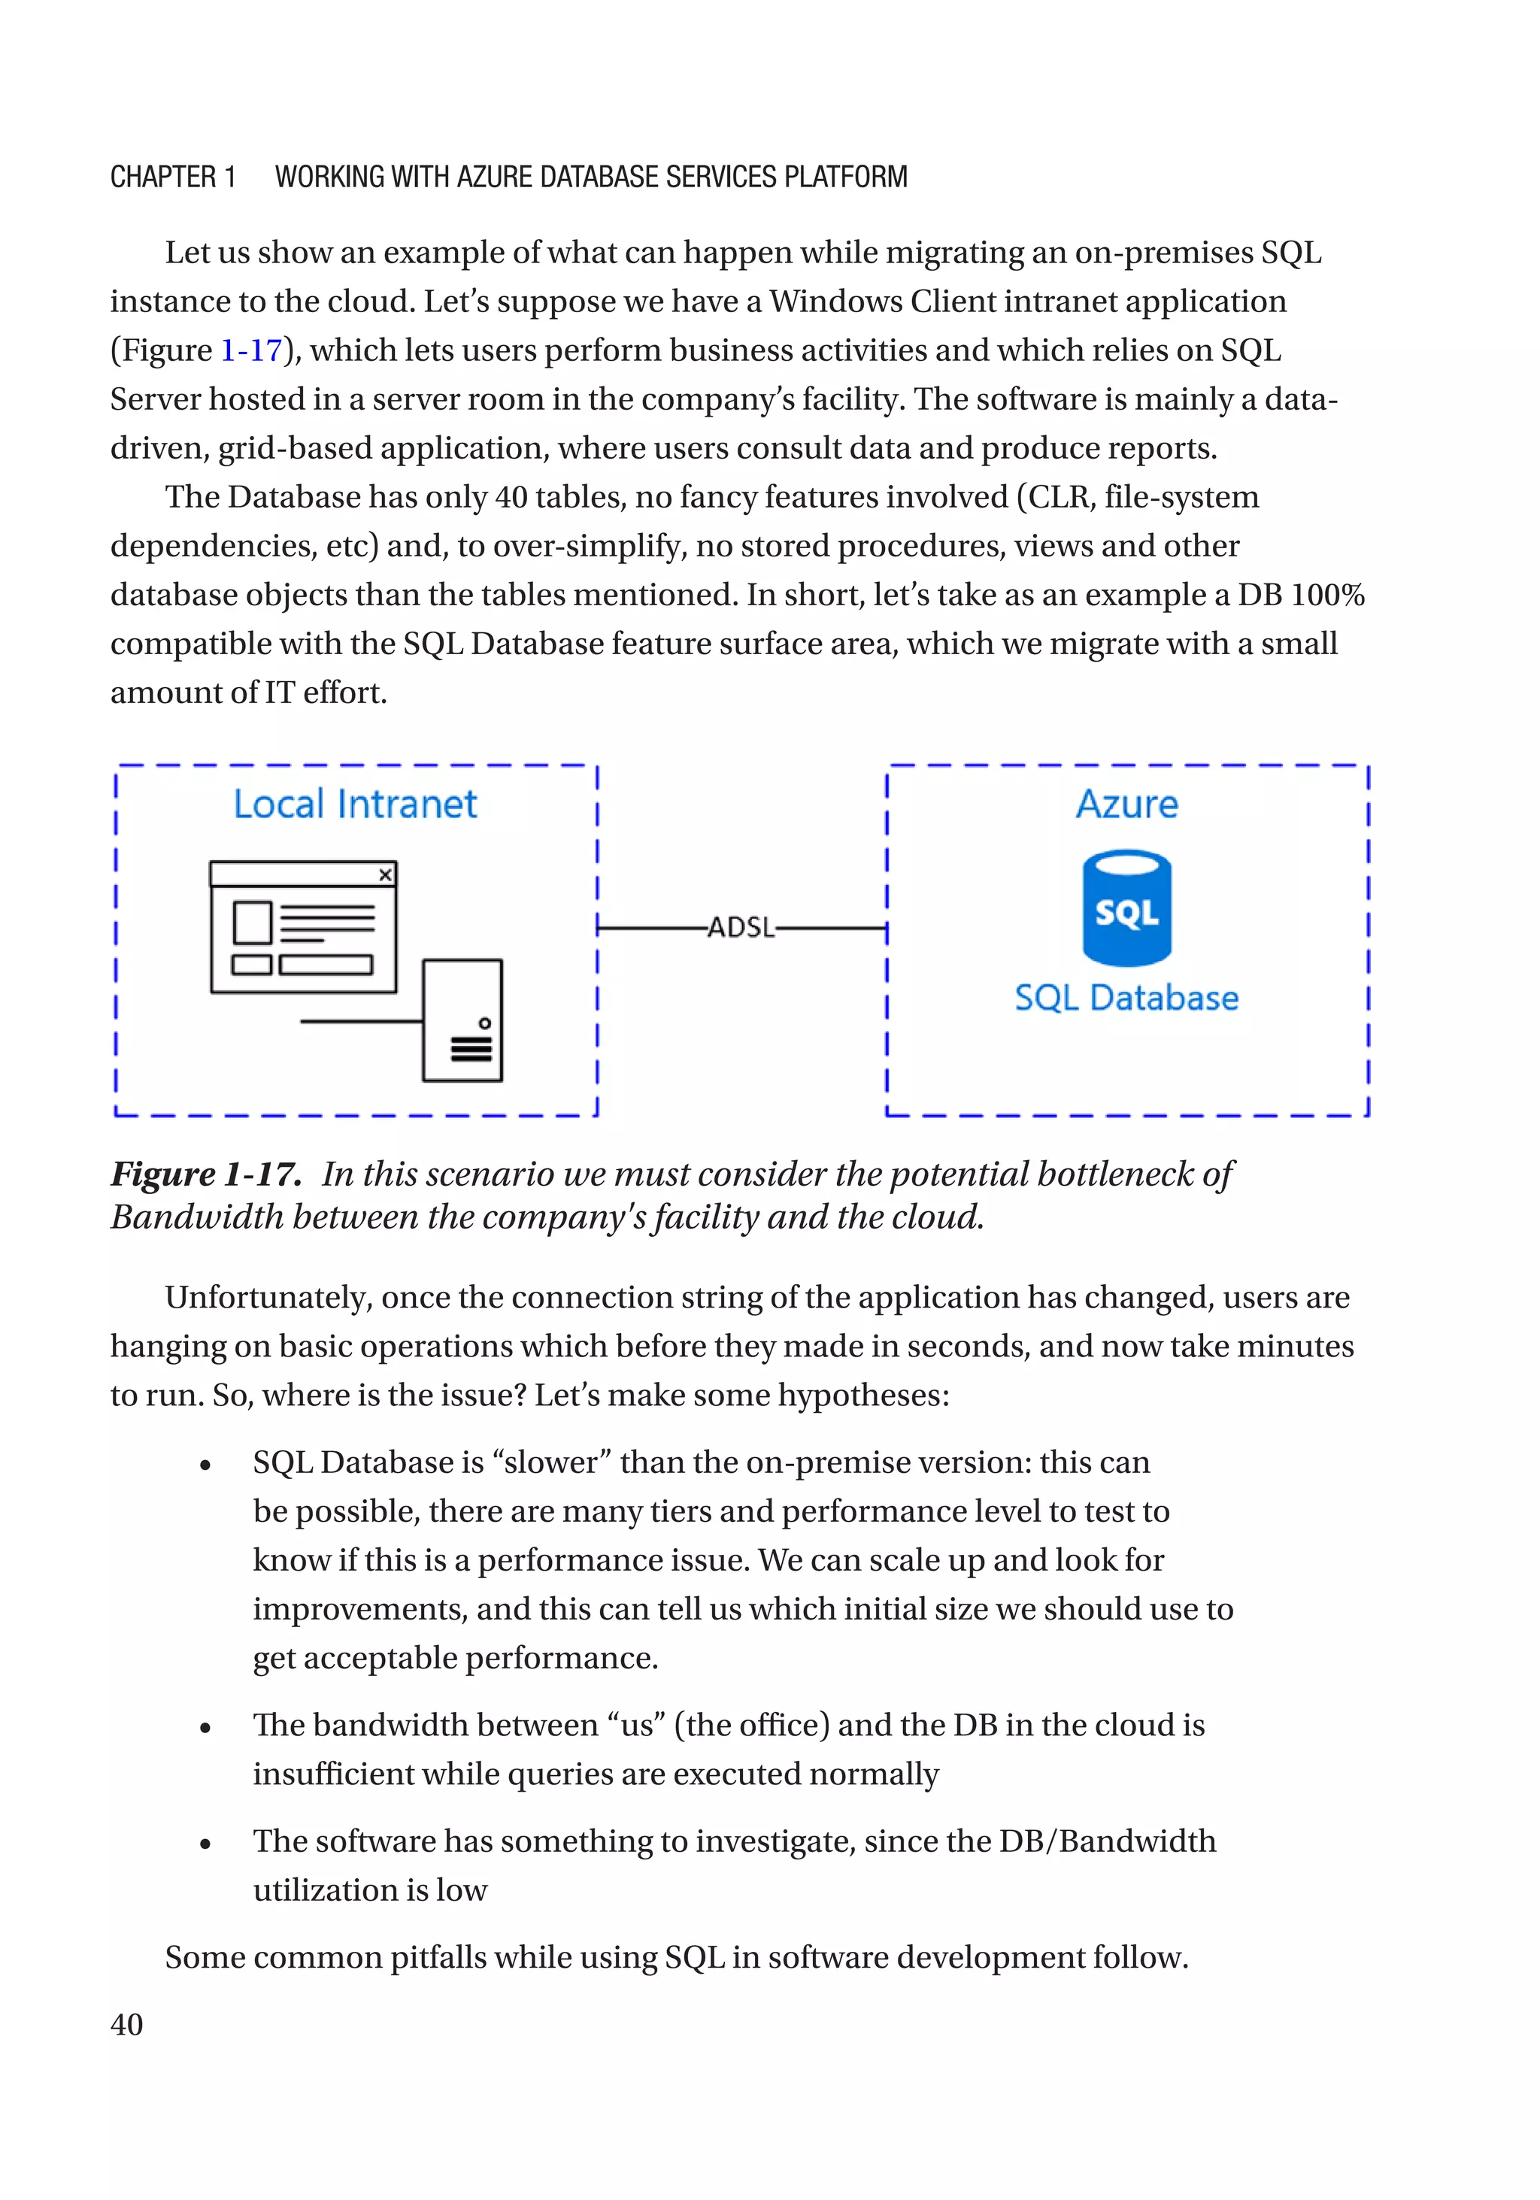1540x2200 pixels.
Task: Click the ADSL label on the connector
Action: [x=741, y=928]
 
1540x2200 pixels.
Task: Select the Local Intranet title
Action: [x=355, y=804]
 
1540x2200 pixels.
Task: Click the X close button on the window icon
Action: [x=385, y=875]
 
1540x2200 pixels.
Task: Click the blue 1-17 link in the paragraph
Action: [x=251, y=350]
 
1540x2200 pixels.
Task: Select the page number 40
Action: [x=126, y=2025]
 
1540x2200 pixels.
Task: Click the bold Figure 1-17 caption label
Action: [x=205, y=1174]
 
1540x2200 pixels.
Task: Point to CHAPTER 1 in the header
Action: [x=172, y=177]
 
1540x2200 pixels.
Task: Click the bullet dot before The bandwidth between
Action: [x=205, y=1729]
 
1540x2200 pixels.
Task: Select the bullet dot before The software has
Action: [x=205, y=1844]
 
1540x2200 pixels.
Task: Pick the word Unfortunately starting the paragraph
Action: [x=268, y=1298]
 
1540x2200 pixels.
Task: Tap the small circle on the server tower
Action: [x=485, y=1023]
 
